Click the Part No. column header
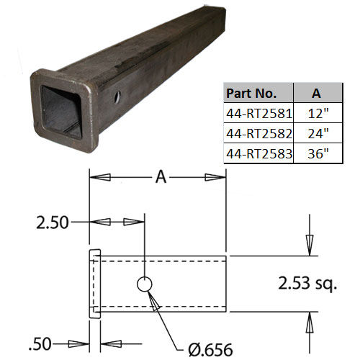tap(251, 93)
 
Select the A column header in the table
tap(316, 93)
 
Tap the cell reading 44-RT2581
tap(259, 114)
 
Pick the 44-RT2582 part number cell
tap(259, 134)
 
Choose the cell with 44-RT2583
tap(259, 154)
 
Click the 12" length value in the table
tap(318, 113)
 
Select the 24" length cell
tap(318, 133)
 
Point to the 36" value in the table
tap(318, 153)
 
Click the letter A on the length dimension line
tap(161, 177)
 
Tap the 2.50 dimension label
tap(53, 222)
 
